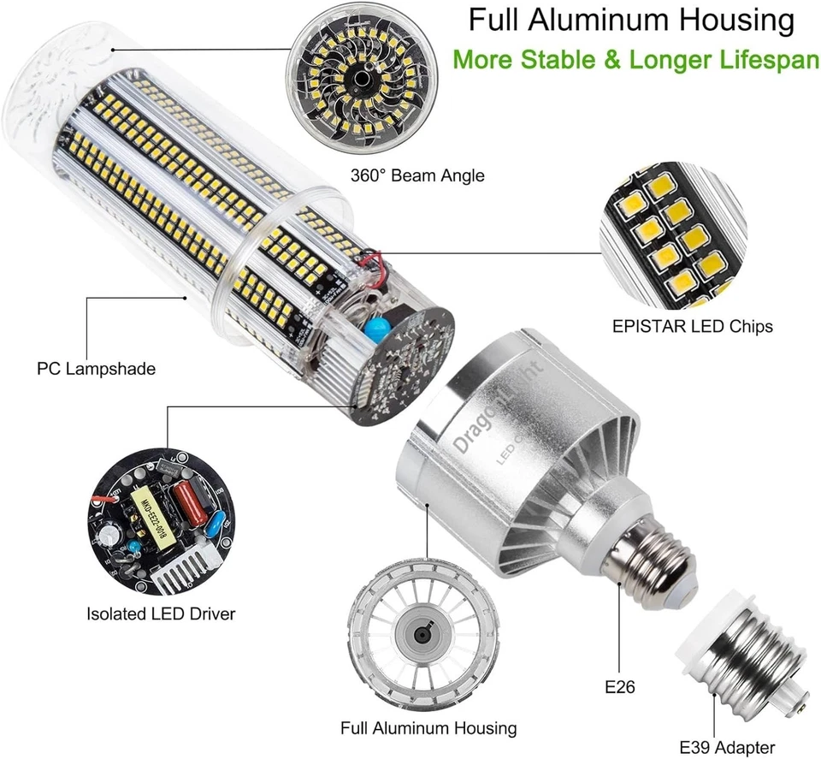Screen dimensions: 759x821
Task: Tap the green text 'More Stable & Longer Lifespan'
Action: (635, 60)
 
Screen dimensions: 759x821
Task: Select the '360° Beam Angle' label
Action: (417, 176)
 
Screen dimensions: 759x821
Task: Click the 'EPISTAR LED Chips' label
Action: (693, 326)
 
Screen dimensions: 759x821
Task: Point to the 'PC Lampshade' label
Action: (96, 370)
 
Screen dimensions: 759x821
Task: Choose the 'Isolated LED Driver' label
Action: (161, 614)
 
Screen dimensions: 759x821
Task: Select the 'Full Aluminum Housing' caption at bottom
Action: (428, 728)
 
